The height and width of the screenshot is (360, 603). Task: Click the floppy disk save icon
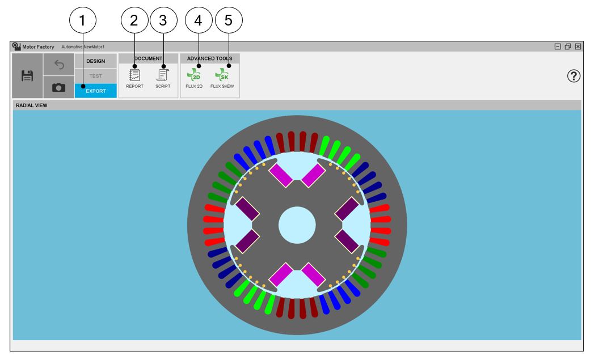coord(27,76)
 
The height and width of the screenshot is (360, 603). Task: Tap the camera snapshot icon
coord(58,88)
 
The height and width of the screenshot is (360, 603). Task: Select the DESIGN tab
coord(96,61)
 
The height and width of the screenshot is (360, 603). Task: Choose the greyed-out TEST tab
coord(96,76)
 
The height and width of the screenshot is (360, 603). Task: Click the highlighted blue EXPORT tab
coord(96,91)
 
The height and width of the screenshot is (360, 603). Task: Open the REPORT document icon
coord(134,75)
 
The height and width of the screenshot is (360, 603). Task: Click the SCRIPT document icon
coord(163,75)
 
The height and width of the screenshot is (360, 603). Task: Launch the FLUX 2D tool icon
coord(194,75)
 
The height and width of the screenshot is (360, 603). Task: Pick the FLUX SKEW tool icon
coord(222,75)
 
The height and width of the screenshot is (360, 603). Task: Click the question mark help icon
coord(574,76)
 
